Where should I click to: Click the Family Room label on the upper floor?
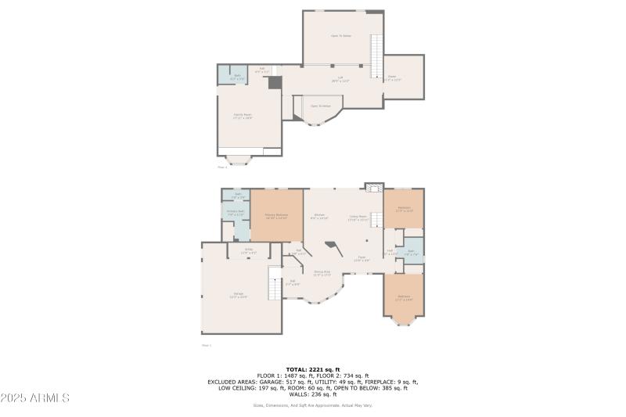click(243, 116)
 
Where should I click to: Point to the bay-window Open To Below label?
click(320, 106)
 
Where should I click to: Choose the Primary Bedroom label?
click(276, 215)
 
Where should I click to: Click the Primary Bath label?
click(236, 212)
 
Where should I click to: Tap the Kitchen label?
click(319, 216)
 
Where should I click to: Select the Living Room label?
click(358, 218)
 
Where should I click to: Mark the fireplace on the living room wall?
click(374, 186)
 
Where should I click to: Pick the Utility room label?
click(248, 251)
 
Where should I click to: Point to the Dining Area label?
click(322, 273)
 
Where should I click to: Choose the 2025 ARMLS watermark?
click(35, 398)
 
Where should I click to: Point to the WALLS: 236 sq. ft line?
click(312, 394)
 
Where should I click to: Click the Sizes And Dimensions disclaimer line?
click(312, 405)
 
